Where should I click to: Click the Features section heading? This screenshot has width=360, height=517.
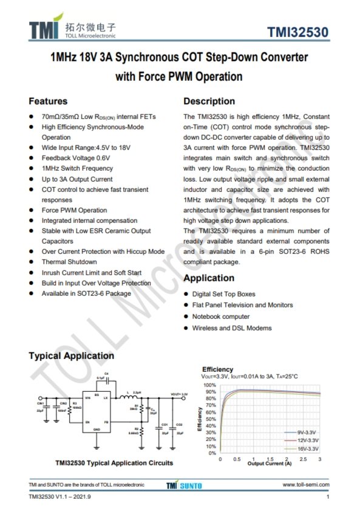48,101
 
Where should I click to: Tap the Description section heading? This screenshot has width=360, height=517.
209,101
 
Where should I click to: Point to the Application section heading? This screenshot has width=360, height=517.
209,278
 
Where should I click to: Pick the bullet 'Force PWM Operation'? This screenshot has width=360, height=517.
74,210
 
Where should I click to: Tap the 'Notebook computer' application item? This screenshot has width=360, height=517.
220,317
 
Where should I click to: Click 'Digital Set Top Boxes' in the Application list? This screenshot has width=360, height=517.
223,293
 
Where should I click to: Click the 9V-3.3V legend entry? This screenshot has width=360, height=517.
307,432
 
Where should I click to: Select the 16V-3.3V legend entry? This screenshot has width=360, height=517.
307,448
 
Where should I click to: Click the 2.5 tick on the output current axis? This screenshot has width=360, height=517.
303,459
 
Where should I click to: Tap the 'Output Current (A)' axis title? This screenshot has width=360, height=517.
270,464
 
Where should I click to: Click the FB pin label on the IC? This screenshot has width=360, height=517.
106,422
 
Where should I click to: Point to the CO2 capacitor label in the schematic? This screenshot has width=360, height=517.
178,424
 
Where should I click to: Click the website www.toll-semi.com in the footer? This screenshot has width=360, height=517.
306,485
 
